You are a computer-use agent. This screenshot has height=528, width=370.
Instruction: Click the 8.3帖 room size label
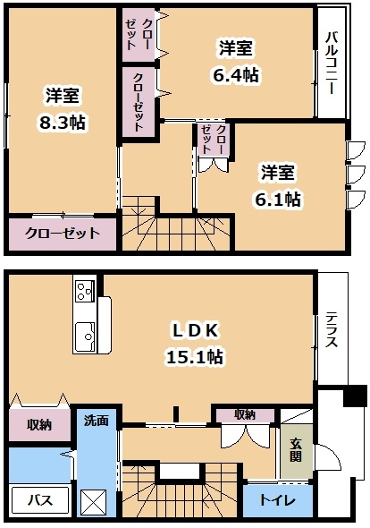[x=63, y=123]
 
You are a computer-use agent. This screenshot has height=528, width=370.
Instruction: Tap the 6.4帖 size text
[x=236, y=75]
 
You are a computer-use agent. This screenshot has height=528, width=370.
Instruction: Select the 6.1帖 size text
[x=278, y=200]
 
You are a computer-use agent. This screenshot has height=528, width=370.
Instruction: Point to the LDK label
[x=196, y=331]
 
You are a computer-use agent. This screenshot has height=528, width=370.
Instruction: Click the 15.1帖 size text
[x=195, y=356]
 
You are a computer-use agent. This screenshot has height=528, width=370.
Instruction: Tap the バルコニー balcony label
[x=332, y=63]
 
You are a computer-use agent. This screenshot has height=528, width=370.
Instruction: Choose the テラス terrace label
[x=332, y=329]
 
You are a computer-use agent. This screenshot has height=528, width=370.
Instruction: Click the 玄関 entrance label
[x=296, y=450]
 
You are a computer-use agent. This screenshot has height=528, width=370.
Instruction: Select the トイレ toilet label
[x=277, y=500]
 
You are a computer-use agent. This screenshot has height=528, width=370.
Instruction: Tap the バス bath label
[x=40, y=500]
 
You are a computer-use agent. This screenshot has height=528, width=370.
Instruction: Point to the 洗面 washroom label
[x=97, y=421]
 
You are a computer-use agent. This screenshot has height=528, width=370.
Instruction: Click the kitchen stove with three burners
[x=85, y=291]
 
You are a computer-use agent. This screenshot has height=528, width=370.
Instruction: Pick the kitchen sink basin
[x=84, y=336]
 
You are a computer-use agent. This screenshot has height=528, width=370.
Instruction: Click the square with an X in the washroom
[x=93, y=502]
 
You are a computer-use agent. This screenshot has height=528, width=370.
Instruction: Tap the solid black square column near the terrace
[x=355, y=396]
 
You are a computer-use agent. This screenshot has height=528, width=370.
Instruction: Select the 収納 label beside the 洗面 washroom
[x=39, y=425]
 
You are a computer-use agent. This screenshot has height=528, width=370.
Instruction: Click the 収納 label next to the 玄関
[x=245, y=415]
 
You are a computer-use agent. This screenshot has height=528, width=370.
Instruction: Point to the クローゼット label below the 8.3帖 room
[x=63, y=233]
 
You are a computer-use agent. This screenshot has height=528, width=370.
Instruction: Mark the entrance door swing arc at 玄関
[x=332, y=453]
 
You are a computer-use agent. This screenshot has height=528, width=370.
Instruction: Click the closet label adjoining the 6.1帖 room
[x=214, y=139]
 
